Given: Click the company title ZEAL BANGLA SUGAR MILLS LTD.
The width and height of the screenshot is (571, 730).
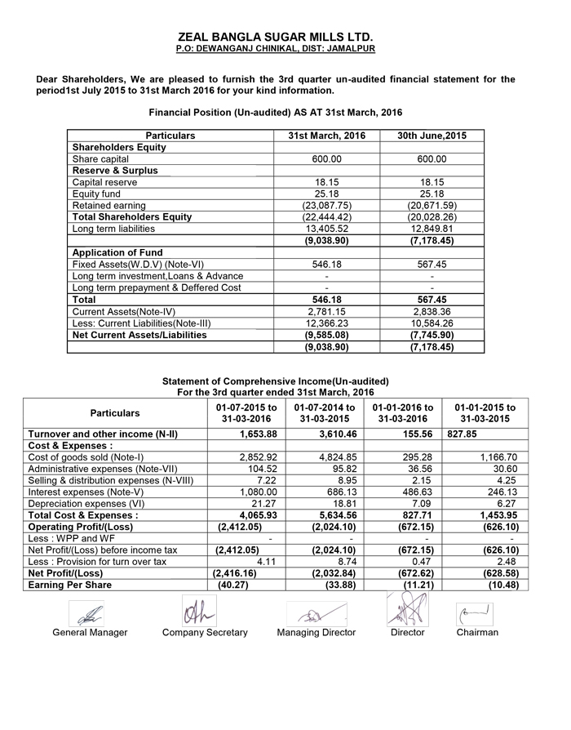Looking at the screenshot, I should click(x=276, y=37).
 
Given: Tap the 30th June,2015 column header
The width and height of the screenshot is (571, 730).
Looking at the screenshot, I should click(x=432, y=136).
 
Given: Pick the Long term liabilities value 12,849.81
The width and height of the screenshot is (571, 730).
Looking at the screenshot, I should click(x=432, y=229).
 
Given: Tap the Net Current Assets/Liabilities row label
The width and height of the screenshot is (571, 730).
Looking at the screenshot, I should click(x=139, y=335).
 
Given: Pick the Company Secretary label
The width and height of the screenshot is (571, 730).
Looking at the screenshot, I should click(x=204, y=633).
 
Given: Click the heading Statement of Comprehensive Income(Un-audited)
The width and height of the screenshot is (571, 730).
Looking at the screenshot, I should click(x=276, y=381).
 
